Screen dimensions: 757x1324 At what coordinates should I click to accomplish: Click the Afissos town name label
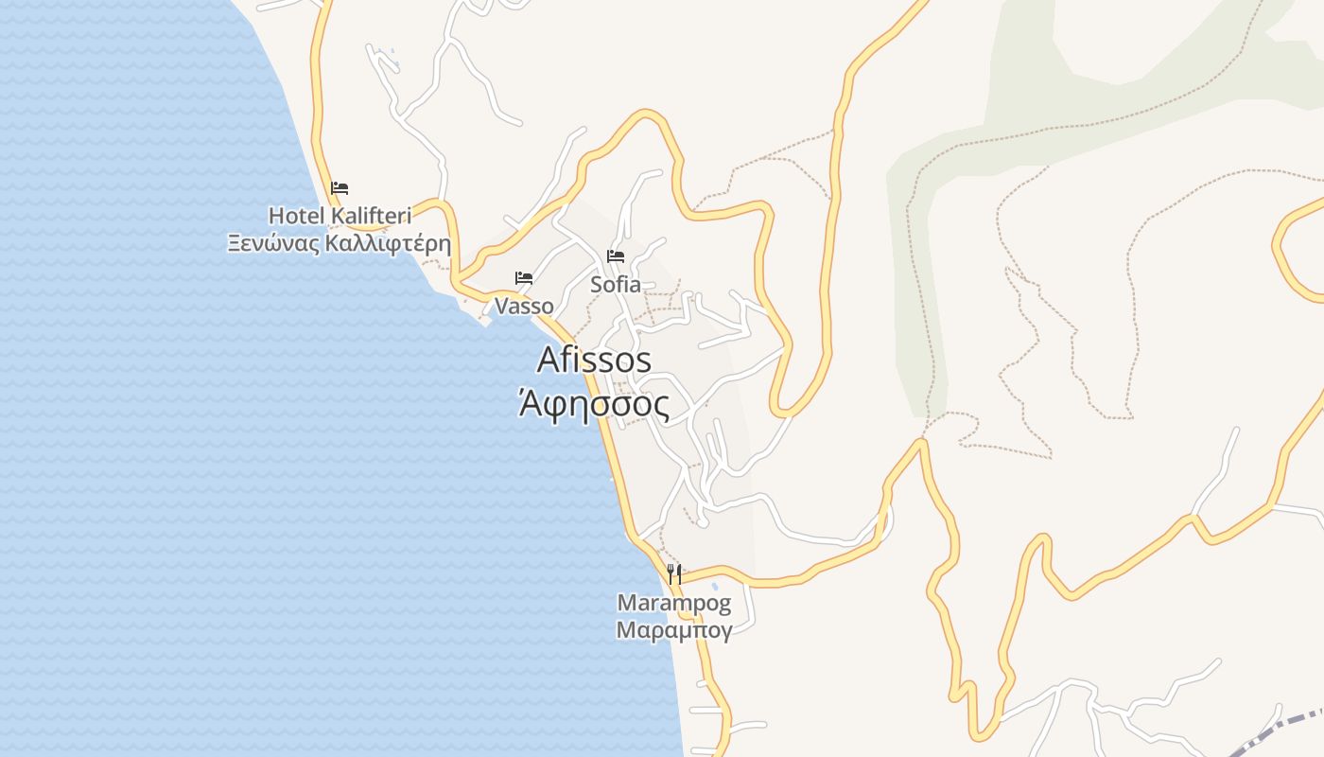(594, 360)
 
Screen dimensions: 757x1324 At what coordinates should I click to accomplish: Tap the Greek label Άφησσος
(594, 405)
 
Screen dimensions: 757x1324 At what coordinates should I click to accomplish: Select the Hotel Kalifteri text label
(340, 216)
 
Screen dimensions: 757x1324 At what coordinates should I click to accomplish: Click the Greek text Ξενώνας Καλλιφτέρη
(339, 243)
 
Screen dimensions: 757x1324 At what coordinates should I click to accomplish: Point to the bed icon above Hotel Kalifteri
(340, 188)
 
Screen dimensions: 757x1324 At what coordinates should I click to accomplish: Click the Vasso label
(524, 306)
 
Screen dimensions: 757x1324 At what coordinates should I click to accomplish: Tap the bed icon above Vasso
(523, 278)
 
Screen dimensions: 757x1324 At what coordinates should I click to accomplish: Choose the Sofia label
(615, 284)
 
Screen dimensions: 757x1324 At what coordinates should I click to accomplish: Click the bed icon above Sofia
(616, 255)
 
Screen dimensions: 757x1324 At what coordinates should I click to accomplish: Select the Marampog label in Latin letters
(673, 603)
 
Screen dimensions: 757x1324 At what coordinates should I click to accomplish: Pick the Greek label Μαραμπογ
(673, 630)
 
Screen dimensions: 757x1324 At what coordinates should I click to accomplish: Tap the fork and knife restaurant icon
(674, 573)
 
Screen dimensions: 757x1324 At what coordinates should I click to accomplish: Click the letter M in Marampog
(626, 603)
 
